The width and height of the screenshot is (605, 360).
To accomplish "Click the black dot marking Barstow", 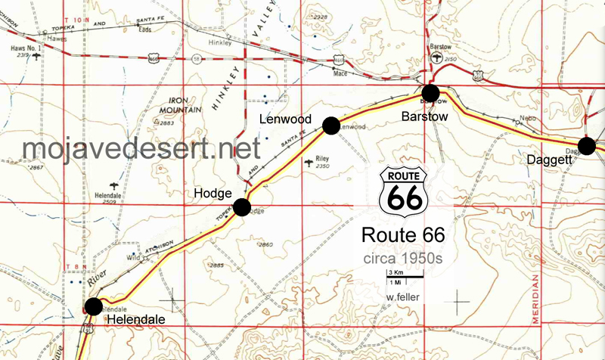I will tap(430, 94).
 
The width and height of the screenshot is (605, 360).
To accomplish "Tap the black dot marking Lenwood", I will tap(330, 126).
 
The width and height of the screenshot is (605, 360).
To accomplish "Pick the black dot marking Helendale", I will tap(93, 306).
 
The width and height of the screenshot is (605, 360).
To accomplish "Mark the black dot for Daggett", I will tap(586, 146).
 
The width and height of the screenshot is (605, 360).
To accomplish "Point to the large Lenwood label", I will tap(286, 119).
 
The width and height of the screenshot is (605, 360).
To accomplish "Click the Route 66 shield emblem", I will tap(403, 192).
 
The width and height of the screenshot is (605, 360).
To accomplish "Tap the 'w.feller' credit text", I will tap(402, 296).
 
